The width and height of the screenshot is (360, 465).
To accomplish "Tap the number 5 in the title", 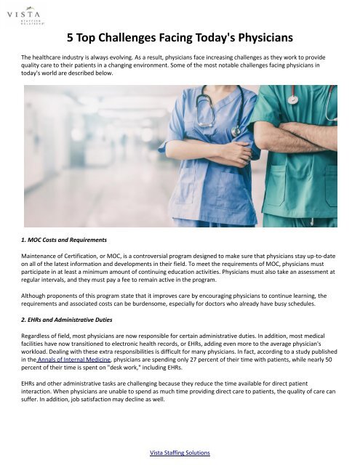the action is (71, 36).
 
